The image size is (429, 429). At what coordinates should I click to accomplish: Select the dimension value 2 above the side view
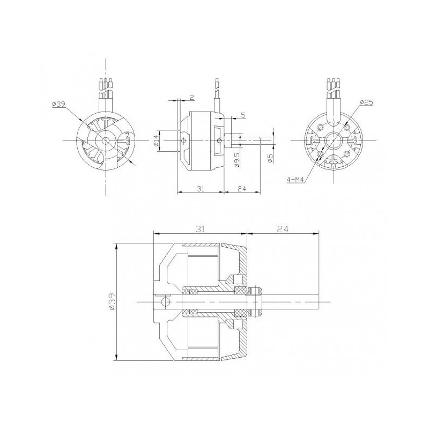point(191,98)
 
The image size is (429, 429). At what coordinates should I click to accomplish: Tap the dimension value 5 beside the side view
point(243,115)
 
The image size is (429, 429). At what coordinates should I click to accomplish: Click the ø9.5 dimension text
point(236,159)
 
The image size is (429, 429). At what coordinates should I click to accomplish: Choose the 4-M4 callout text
point(294,181)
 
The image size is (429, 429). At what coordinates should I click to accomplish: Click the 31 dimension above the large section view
point(199,229)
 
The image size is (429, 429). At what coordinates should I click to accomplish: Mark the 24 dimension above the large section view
point(283,229)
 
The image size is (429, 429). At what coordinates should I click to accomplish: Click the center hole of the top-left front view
point(106,140)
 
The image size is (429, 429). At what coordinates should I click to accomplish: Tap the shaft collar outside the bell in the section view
point(255,301)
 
